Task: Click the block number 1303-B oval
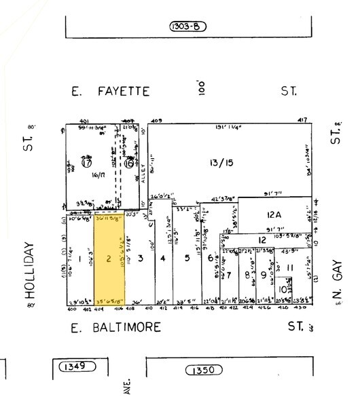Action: pyautogui.click(x=187, y=27)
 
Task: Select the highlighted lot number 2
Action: pyautogui.click(x=108, y=259)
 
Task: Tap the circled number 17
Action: pyautogui.click(x=86, y=164)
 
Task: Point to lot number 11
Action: pyautogui.click(x=289, y=269)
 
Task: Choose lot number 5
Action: pyautogui.click(x=186, y=258)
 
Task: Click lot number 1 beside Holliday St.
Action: pyautogui.click(x=80, y=259)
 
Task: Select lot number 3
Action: pyautogui.click(x=139, y=259)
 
